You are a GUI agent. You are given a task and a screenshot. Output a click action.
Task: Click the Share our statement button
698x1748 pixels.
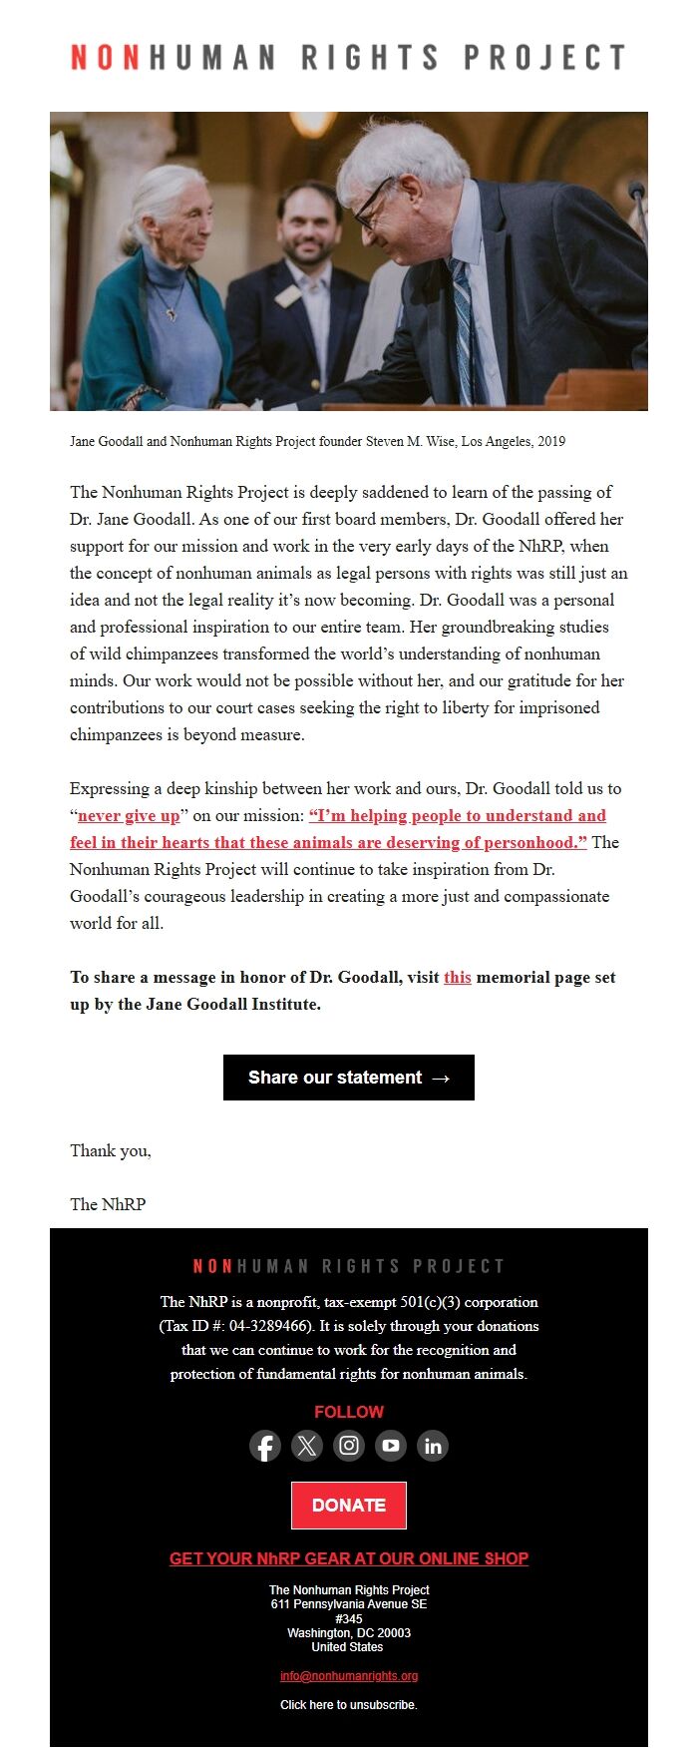(x=349, y=1078)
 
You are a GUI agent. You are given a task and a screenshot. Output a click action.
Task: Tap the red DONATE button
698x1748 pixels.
(x=349, y=1506)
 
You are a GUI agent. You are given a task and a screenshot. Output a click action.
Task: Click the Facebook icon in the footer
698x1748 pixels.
(x=265, y=1446)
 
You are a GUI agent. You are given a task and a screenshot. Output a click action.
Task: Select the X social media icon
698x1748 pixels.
(x=307, y=1446)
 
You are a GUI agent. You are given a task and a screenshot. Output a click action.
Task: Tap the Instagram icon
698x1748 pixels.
(x=349, y=1446)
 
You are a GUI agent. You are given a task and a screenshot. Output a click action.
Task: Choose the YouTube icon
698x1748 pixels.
(x=391, y=1446)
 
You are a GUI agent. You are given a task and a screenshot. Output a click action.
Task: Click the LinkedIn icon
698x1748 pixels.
(x=433, y=1446)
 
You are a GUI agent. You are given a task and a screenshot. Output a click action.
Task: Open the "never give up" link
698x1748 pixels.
(x=129, y=815)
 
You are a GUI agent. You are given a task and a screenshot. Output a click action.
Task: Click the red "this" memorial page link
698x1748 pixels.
(x=458, y=977)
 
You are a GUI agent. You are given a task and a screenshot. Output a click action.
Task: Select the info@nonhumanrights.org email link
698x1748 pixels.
(x=349, y=1676)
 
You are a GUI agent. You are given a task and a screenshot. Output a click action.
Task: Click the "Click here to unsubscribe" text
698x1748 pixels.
(x=349, y=1705)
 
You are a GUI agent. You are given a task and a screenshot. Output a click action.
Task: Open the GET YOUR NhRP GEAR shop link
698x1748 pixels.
(x=349, y=1558)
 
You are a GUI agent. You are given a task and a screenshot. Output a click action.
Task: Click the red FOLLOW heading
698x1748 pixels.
(x=349, y=1412)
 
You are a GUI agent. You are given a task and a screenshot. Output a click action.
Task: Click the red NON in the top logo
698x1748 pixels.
(x=105, y=58)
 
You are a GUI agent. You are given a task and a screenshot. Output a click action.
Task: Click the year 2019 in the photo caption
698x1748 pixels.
(x=551, y=441)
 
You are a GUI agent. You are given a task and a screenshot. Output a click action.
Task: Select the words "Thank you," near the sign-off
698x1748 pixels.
(x=111, y=1150)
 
